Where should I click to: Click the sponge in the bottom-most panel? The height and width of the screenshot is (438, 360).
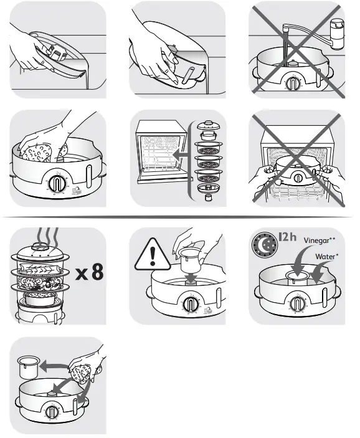(x=81, y=376)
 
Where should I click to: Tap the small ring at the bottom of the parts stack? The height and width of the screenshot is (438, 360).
(x=207, y=196)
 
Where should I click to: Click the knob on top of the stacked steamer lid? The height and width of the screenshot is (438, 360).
(x=40, y=249)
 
